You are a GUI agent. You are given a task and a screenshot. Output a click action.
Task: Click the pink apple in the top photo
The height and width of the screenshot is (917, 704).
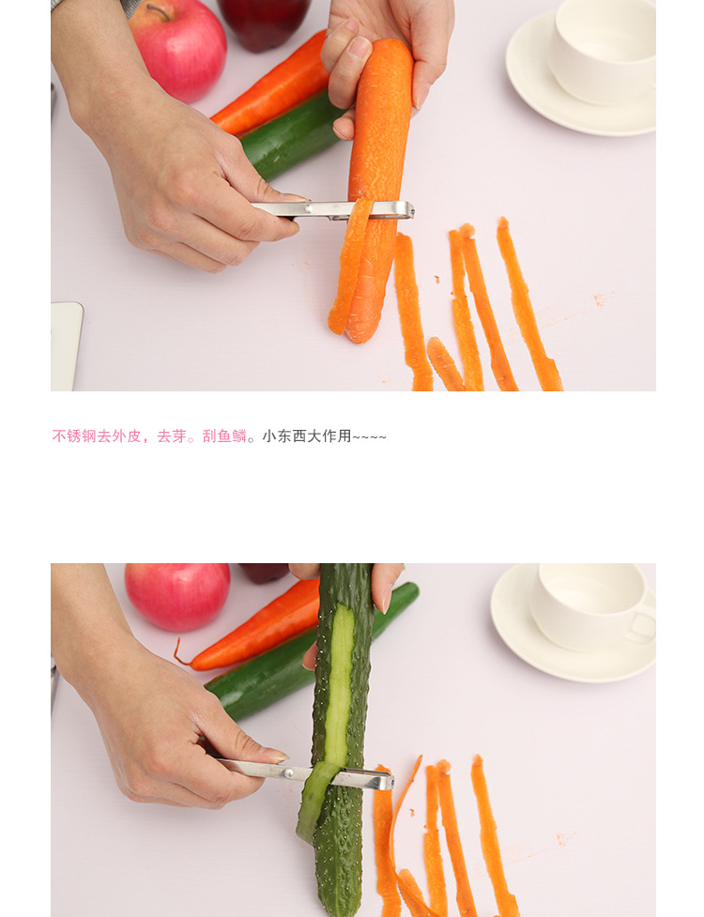179,51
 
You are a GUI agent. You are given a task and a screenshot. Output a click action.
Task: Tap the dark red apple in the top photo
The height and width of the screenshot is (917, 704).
265,21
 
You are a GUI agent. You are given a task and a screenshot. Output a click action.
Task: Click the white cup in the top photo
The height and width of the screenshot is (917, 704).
603,50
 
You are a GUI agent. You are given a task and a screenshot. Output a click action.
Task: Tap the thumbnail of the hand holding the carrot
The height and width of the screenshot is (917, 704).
359,48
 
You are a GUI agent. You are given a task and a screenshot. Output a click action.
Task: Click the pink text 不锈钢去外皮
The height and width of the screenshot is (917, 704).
97,436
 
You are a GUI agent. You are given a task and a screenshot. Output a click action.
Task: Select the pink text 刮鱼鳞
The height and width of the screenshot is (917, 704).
224,436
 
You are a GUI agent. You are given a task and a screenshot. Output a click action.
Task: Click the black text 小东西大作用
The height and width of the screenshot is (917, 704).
306,436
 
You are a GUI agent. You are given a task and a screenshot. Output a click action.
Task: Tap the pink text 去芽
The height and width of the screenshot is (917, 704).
172,436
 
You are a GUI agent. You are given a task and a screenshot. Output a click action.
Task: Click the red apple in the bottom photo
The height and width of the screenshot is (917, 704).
177,597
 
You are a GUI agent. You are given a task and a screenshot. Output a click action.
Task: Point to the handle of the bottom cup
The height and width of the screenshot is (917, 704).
643,625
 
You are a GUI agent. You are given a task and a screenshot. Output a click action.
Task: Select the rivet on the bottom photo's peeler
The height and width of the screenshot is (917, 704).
288,772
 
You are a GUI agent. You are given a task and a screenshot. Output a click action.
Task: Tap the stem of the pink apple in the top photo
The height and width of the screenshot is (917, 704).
158,11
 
